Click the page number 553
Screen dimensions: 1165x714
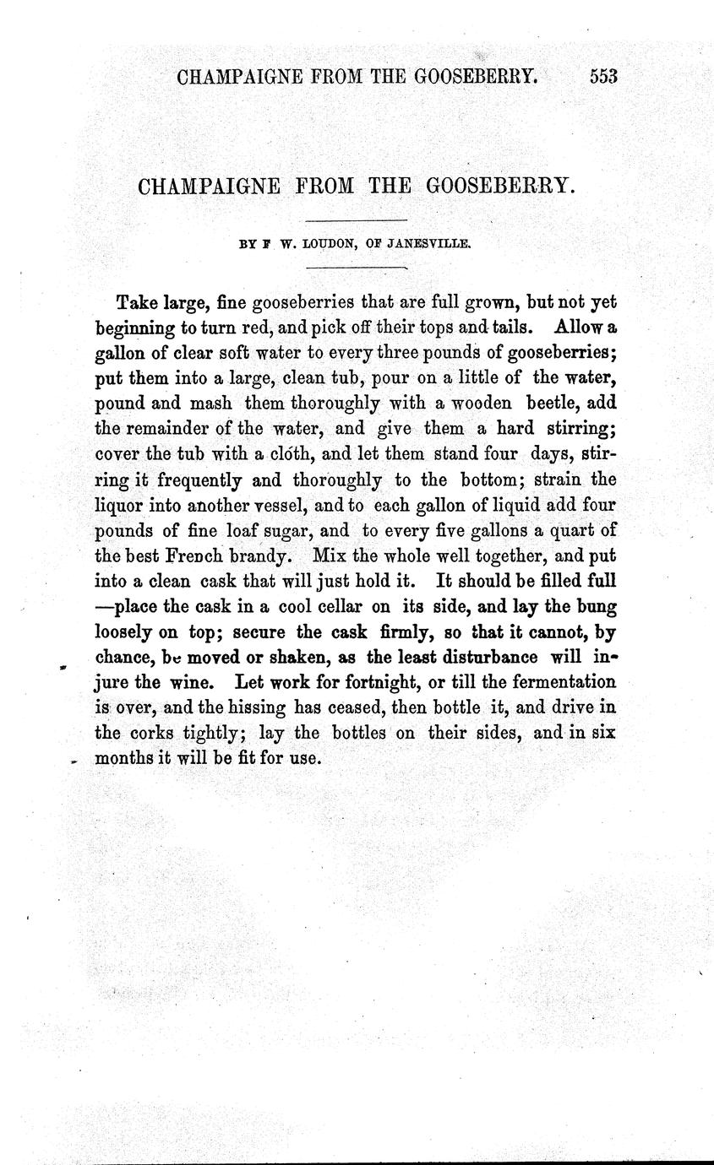(x=604, y=77)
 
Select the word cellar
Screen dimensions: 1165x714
(x=340, y=606)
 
